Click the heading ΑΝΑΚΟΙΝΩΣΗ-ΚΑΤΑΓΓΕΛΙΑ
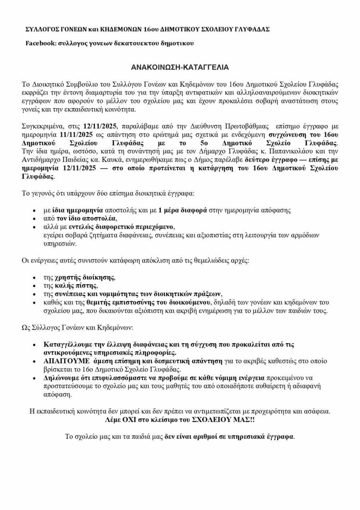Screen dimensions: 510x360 [180, 67]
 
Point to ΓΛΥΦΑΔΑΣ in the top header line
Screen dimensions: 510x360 [252, 29]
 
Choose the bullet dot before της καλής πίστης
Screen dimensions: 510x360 [34, 286]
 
